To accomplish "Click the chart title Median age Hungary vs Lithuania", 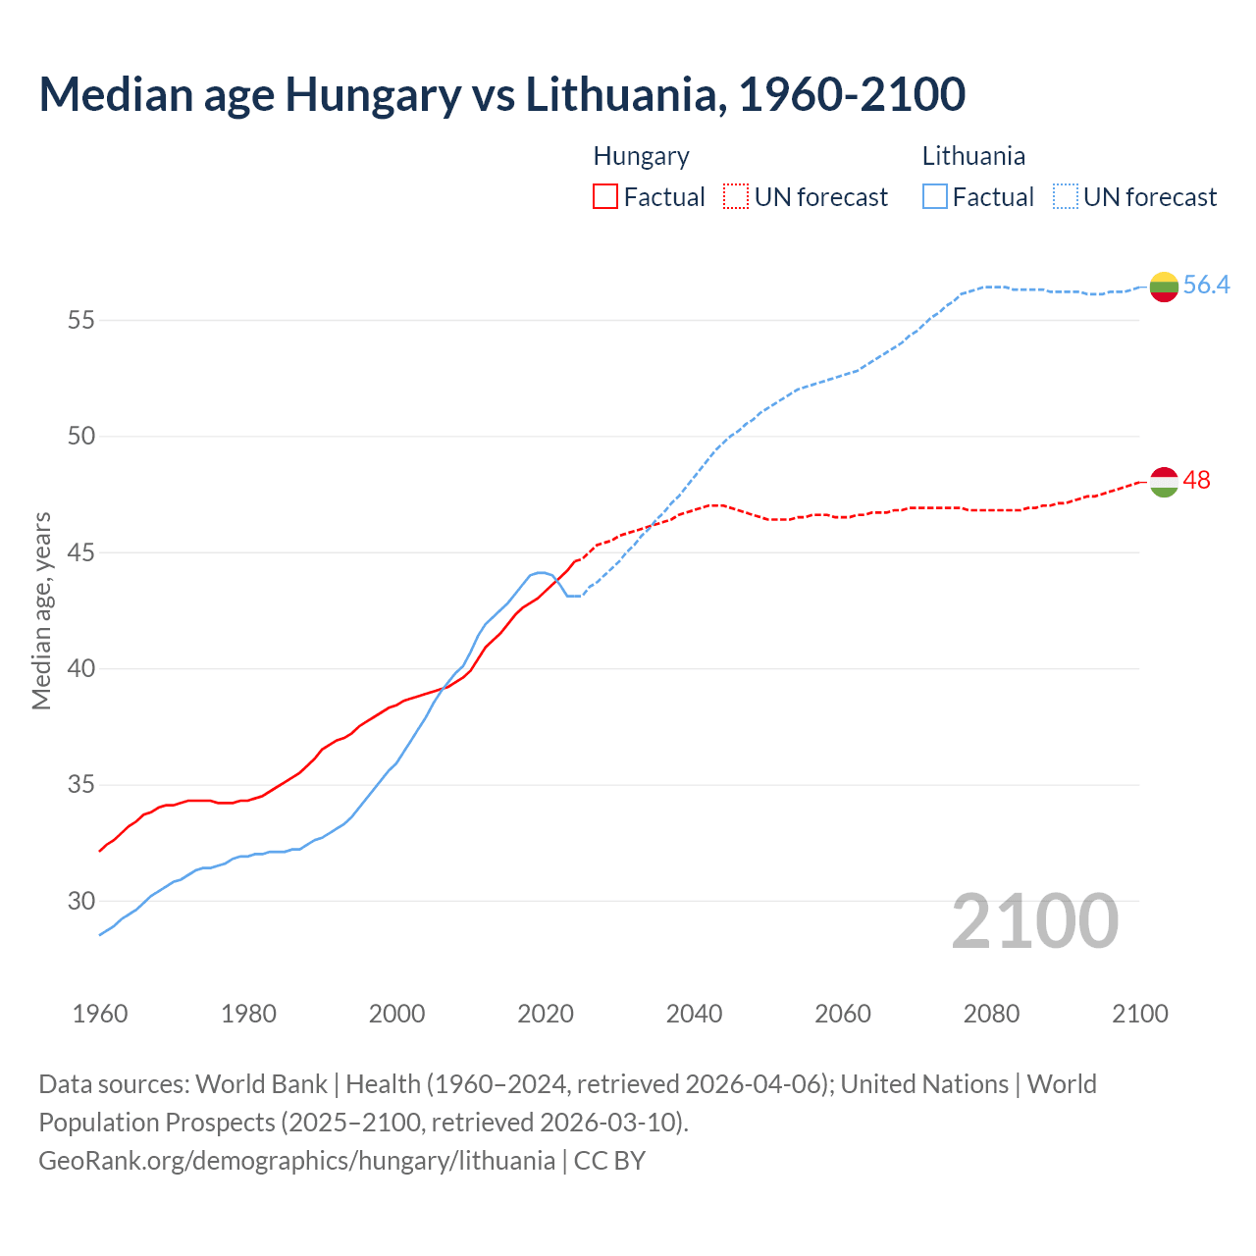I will (x=501, y=94).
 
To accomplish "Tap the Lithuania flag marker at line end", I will (x=1164, y=287).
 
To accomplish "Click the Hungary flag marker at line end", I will (x=1164, y=482).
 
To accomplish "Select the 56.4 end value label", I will (x=1206, y=286).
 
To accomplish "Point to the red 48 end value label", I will (x=1197, y=481).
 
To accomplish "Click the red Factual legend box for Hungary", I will (x=605, y=197).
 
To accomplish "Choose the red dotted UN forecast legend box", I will (x=736, y=197).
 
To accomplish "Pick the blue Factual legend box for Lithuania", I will (x=935, y=197).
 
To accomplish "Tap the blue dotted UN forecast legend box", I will (x=1066, y=197).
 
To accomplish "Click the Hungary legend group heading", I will (x=641, y=156).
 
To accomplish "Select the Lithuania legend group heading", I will (x=973, y=156).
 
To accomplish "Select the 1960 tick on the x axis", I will (x=100, y=1014).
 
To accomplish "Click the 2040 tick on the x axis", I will (x=694, y=1014).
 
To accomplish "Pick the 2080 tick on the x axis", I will (x=991, y=1014).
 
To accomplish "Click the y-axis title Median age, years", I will (x=41, y=610).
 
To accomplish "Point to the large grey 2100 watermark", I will (x=1035, y=921).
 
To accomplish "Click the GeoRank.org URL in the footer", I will (x=296, y=1161).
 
